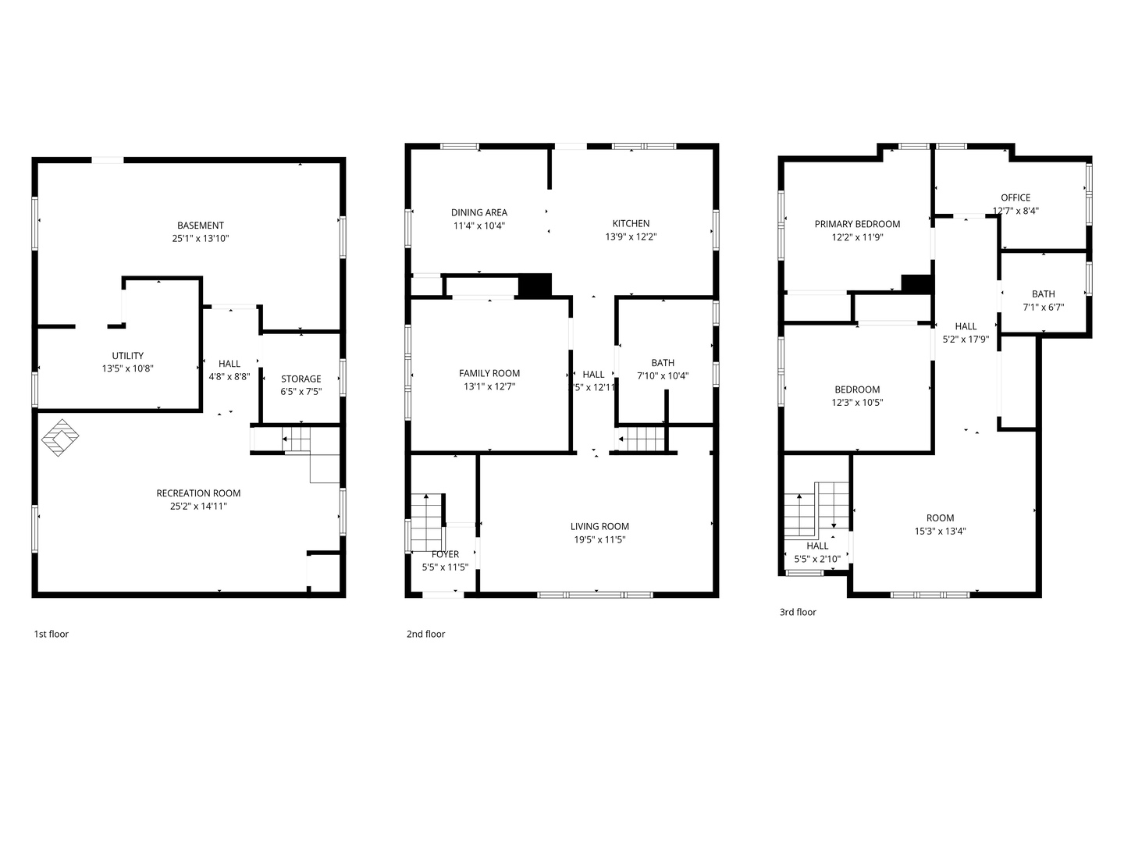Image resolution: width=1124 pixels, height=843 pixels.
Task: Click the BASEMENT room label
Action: point(201,226)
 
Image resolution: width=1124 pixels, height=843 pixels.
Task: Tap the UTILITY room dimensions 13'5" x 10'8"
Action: point(127,368)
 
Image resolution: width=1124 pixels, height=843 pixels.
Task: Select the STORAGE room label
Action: point(301,379)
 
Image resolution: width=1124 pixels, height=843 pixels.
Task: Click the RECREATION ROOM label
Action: point(198,493)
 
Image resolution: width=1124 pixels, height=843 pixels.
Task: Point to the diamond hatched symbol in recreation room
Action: point(61,438)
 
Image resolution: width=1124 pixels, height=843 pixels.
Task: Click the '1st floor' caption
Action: point(51,634)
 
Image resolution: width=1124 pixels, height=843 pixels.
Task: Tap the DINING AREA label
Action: point(478,212)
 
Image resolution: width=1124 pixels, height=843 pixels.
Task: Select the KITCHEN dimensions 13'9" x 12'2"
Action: point(631,237)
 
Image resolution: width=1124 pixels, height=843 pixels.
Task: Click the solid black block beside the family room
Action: point(535,285)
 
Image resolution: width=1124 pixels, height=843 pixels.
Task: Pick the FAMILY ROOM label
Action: point(489,373)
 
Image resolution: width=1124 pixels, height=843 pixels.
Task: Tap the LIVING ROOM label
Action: point(599,526)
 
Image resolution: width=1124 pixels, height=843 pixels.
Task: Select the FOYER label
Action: point(445,554)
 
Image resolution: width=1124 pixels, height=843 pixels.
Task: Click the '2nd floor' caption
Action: point(425,634)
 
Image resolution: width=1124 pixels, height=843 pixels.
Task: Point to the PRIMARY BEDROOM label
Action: point(857,224)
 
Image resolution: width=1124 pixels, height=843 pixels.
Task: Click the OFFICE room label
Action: point(1016,197)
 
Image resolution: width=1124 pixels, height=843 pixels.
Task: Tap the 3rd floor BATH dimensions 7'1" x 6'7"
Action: point(1043,308)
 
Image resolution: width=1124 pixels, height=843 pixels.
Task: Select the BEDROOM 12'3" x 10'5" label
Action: point(857,389)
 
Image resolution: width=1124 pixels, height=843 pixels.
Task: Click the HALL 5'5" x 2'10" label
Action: point(817,546)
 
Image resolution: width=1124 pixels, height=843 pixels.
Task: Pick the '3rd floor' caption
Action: point(798,612)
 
